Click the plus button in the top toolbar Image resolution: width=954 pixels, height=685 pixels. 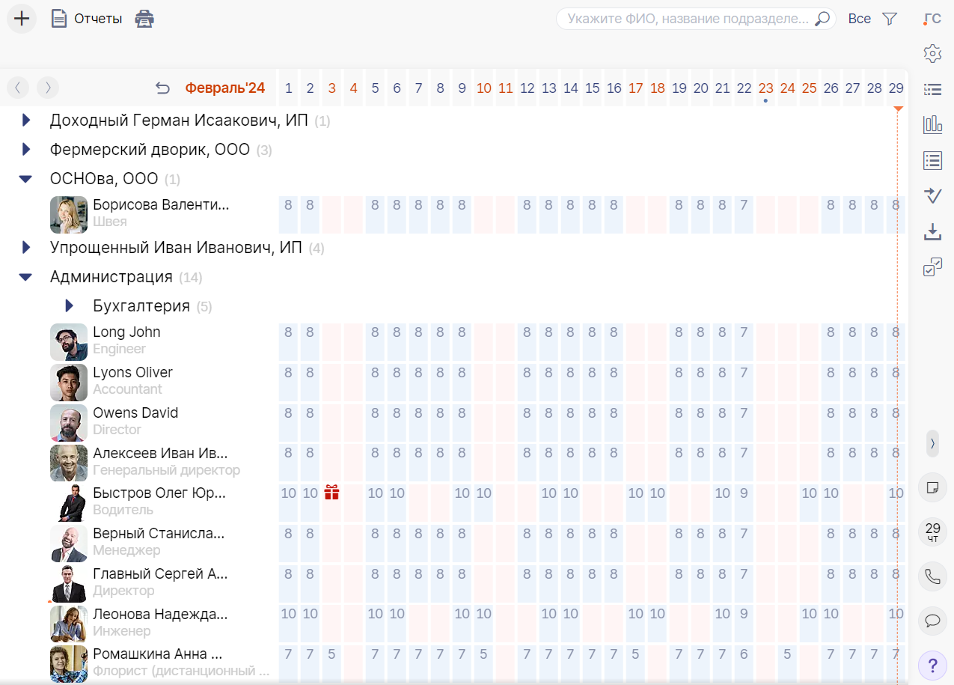(x=22, y=19)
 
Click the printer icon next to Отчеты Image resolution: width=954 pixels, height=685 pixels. (x=144, y=19)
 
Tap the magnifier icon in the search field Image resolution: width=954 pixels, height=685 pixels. (x=822, y=19)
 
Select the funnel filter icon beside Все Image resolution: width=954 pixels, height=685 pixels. (x=890, y=19)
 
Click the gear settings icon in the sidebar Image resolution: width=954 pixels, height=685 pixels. (x=932, y=54)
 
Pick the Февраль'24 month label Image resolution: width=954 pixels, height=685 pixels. (x=225, y=88)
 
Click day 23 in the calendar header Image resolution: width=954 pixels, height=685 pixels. (x=765, y=88)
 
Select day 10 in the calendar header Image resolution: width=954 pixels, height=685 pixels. (x=484, y=88)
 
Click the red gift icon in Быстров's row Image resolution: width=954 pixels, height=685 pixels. (x=332, y=493)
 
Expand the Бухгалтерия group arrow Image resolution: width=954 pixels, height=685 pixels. (x=70, y=305)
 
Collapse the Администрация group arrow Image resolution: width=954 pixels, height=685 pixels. (x=26, y=277)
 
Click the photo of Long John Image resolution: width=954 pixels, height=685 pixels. (x=69, y=342)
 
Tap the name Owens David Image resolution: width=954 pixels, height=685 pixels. (x=135, y=413)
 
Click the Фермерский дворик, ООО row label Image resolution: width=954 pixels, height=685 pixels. (x=150, y=150)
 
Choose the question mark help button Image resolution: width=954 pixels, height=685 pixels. (x=932, y=664)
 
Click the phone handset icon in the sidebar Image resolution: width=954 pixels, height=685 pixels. (x=932, y=576)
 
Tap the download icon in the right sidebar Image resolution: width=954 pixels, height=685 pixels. (x=932, y=232)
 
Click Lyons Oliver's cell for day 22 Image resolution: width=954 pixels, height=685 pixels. (x=744, y=373)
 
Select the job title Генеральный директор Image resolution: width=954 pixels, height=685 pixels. (x=166, y=470)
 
